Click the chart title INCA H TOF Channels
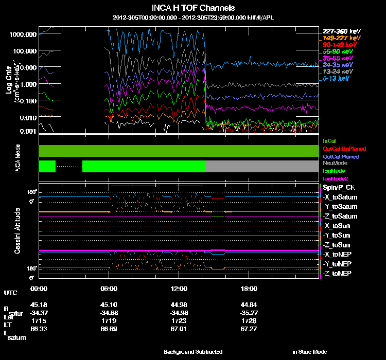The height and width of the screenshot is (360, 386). click(193, 8)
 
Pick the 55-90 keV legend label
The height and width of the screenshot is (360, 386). click(338, 51)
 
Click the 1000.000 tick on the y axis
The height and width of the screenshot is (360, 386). click(23, 34)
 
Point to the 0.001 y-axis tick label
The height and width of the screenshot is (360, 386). click(27, 131)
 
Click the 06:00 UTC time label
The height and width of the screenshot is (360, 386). click(109, 289)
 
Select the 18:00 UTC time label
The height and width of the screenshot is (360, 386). click(249, 289)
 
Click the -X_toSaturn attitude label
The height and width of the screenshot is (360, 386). click(340, 198)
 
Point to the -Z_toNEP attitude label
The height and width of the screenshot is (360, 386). click(338, 273)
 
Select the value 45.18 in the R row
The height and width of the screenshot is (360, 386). click(39, 304)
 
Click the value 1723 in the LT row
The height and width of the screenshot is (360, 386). click(178, 320)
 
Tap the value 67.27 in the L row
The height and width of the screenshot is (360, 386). click(249, 328)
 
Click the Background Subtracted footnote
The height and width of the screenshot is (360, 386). click(193, 352)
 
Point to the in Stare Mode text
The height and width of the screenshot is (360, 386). click(309, 352)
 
